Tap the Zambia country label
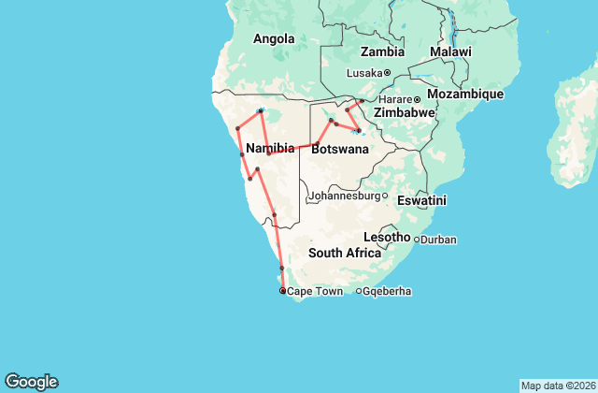tap(382, 51)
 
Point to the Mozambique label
tap(464, 95)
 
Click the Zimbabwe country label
tap(406, 112)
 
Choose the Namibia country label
tap(272, 148)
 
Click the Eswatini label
tap(420, 200)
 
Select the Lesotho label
tap(387, 237)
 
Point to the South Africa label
tap(345, 253)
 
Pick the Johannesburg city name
tap(343, 196)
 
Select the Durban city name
tap(438, 240)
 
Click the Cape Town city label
tap(316, 292)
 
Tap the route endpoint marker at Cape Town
tap(283, 291)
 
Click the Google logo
tap(31, 382)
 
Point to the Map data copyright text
tap(558, 386)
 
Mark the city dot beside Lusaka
tap(387, 72)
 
